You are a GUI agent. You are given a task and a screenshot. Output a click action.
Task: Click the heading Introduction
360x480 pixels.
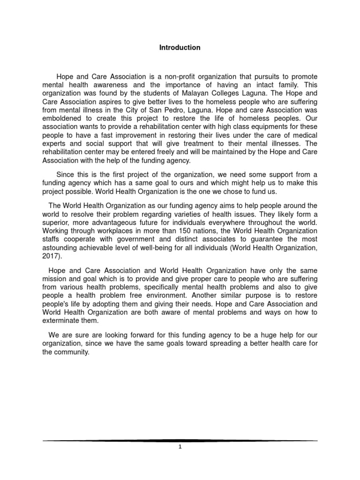pyautogui.click(x=180, y=47)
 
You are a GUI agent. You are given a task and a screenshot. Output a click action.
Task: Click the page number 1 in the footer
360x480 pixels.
pyautogui.click(x=180, y=447)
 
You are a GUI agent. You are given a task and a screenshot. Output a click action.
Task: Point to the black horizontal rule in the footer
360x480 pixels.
pyautogui.click(x=180, y=441)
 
